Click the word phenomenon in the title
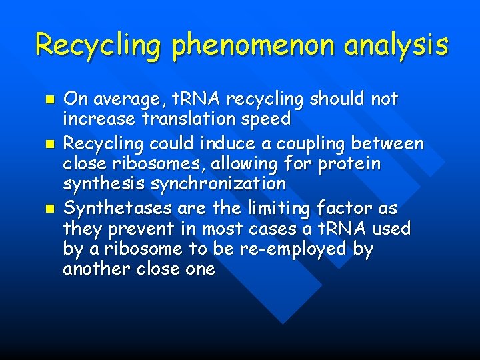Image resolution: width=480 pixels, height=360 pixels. [261, 45]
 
